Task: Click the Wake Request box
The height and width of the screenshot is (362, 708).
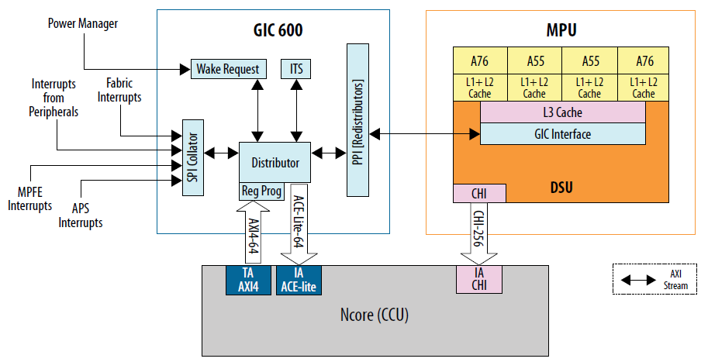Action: point(228,69)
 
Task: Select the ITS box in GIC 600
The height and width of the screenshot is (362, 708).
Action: point(295,69)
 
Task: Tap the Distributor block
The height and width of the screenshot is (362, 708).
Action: point(275,163)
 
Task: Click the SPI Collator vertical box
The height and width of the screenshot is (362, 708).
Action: point(192,158)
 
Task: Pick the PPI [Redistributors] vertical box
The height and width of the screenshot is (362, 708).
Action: point(358,119)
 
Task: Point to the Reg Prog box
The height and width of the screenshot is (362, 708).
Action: point(261,191)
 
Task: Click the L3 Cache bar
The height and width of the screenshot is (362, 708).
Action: point(563,113)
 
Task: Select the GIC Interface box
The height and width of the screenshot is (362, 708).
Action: point(563,134)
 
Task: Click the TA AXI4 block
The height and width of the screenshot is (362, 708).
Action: point(248,280)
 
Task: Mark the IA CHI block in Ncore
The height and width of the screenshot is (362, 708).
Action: point(479,280)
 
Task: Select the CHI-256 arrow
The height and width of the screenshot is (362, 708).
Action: point(479,233)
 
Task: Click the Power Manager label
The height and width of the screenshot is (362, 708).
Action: point(83,24)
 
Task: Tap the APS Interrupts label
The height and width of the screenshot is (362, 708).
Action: point(81,217)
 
